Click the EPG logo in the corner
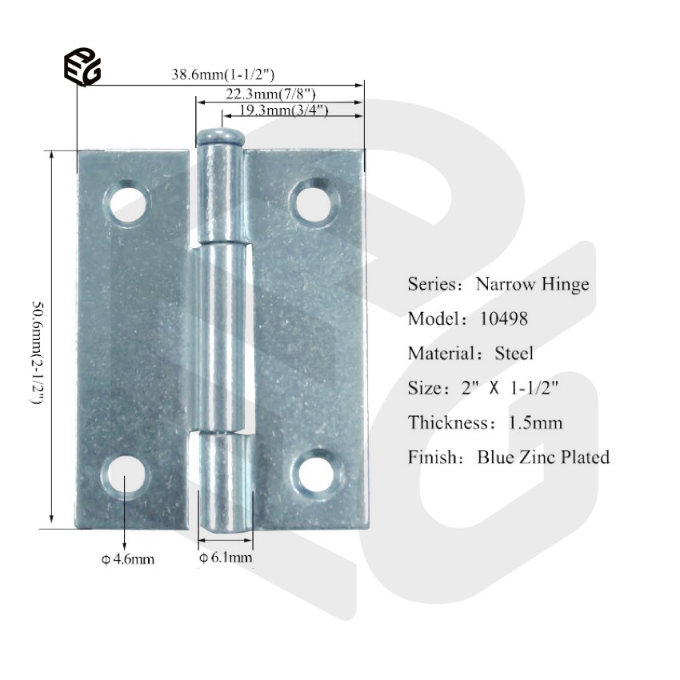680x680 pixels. [82, 66]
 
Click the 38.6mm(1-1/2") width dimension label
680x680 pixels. [223, 74]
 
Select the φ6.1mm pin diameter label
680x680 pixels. [226, 558]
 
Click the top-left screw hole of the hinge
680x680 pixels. [128, 202]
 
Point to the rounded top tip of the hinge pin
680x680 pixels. [220, 135]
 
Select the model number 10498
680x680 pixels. [503, 318]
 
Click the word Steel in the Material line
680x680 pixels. [514, 353]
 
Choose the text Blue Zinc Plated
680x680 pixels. [543, 458]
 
